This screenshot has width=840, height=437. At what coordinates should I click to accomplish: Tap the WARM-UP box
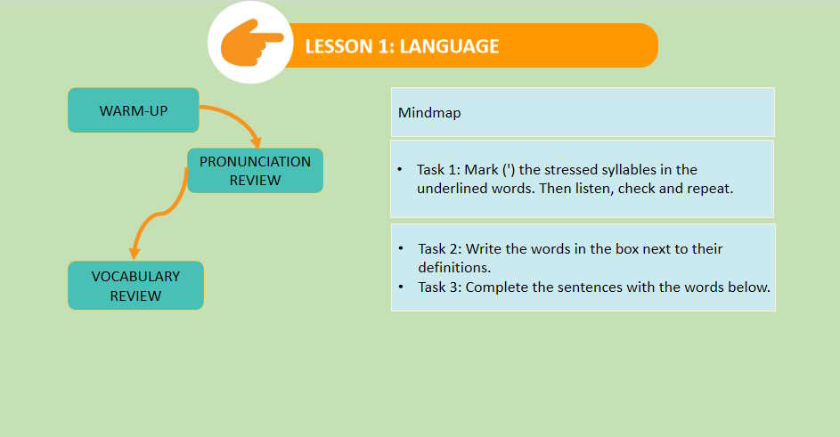tap(134, 110)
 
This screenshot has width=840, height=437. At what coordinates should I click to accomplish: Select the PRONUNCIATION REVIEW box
tap(255, 171)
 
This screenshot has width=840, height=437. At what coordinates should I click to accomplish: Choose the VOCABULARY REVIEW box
tap(135, 286)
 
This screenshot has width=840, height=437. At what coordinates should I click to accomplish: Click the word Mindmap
tap(429, 113)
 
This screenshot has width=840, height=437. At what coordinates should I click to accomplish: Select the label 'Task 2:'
tap(439, 248)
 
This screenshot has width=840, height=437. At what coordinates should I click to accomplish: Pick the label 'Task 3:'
tap(439, 287)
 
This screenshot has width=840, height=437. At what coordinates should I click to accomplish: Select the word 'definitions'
tap(454, 267)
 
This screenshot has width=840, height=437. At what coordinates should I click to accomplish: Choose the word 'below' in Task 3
tap(749, 287)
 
